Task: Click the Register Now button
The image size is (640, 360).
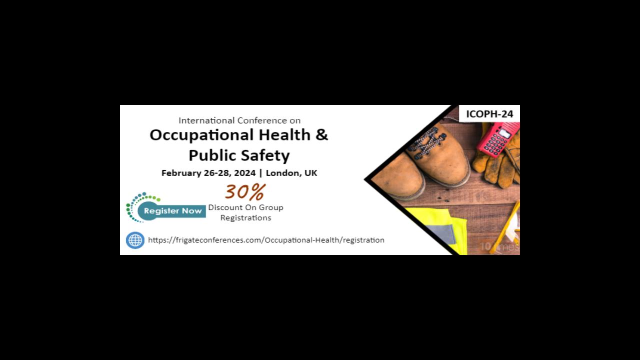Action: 172,211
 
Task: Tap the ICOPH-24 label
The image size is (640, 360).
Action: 489,114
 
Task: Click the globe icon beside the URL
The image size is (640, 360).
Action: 135,240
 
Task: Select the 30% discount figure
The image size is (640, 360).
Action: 244,191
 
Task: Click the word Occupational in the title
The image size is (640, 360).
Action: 202,135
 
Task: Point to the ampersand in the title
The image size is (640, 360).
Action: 321,134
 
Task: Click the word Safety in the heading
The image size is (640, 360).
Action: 267,155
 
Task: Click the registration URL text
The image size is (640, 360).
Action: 266,240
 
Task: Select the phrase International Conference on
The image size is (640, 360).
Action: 239,120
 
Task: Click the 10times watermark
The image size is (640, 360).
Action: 499,246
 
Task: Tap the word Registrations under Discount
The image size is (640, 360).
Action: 245,218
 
